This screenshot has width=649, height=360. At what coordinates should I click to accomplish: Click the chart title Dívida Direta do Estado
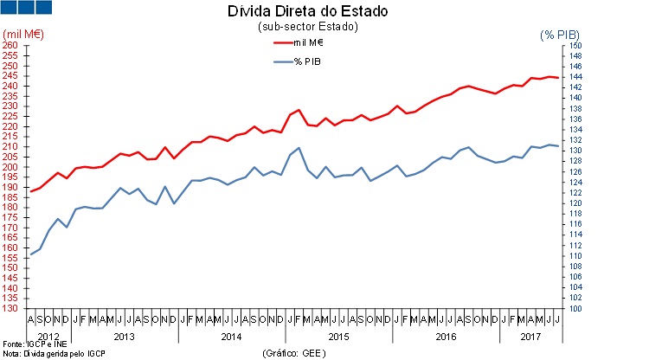(x=307, y=12)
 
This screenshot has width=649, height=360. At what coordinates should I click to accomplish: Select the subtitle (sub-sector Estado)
(x=307, y=27)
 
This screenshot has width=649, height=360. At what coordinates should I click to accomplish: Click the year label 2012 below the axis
(x=48, y=335)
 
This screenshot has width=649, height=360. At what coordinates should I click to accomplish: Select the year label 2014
(x=232, y=335)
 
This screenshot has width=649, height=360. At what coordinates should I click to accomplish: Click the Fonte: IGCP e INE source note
(x=32, y=344)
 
